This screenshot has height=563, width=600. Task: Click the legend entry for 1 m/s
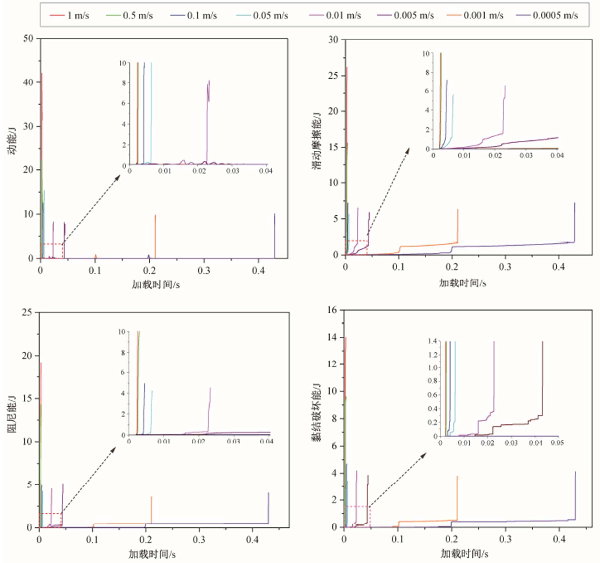70,15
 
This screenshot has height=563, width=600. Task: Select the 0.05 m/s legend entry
262,15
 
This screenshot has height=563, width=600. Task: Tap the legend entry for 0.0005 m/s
547,15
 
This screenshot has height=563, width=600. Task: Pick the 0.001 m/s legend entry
475,15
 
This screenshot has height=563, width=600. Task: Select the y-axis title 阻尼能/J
12,414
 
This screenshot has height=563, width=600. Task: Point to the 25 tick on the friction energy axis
333,75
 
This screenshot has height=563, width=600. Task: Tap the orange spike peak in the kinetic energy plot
155,215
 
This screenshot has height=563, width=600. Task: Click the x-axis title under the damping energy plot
152,554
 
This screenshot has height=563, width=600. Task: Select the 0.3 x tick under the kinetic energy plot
204,270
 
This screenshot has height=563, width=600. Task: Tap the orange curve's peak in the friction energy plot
458,209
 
